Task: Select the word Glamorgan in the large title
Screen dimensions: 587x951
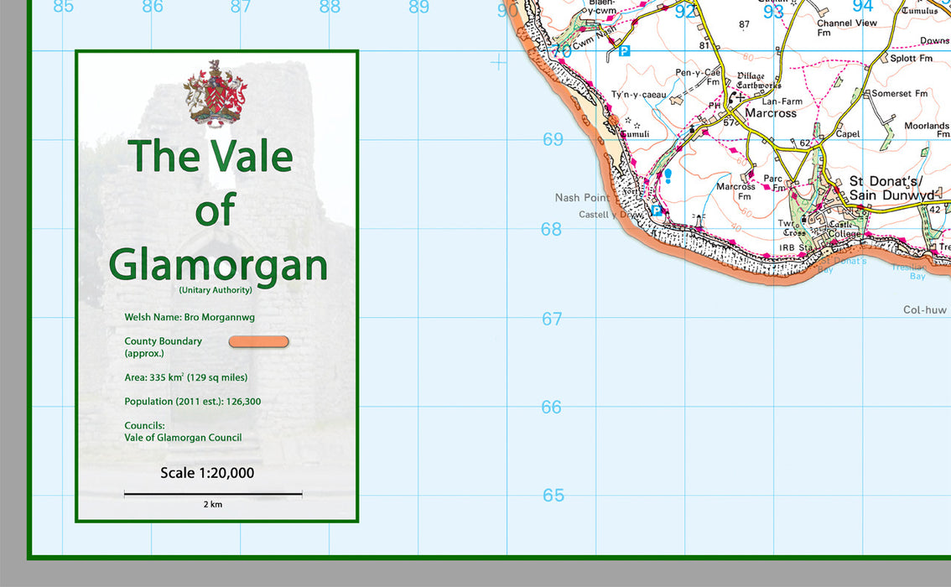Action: point(218,264)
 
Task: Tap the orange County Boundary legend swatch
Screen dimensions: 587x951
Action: point(258,341)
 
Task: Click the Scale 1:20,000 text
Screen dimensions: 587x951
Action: point(207,474)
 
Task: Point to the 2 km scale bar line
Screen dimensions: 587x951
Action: point(213,494)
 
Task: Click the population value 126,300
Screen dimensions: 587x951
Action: point(243,402)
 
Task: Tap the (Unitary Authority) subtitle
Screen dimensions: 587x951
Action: point(216,290)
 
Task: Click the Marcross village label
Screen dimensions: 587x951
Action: point(770,113)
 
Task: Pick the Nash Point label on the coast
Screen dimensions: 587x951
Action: point(582,198)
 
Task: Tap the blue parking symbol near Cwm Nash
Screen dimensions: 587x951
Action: point(624,51)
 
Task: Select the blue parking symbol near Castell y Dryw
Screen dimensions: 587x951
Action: point(657,210)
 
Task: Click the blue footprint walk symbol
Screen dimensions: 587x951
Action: point(668,176)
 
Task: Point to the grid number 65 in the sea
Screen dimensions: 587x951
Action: point(553,496)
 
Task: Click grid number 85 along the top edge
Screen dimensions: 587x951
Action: point(63,8)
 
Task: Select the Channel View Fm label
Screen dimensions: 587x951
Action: point(846,28)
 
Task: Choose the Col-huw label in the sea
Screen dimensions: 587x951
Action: point(924,310)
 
